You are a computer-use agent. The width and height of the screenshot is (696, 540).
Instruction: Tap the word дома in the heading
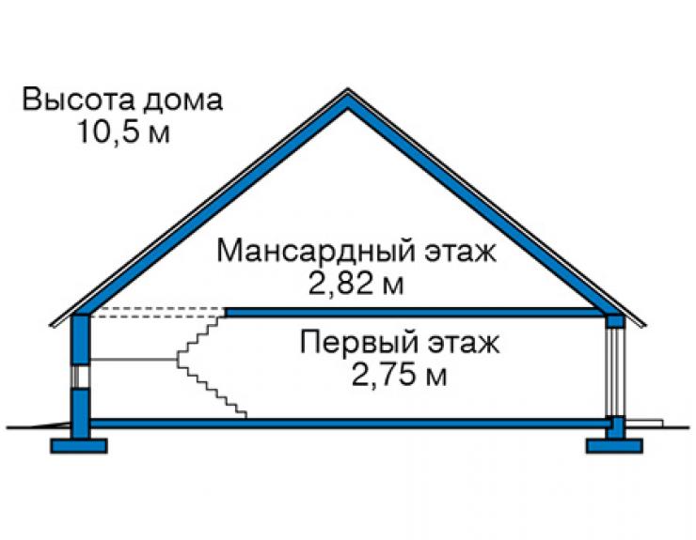click(182, 100)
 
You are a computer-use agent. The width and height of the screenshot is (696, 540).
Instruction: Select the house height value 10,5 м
click(124, 131)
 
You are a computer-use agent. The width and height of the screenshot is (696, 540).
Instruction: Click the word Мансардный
click(316, 252)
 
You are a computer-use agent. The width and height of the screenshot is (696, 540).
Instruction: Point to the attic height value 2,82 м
click(356, 284)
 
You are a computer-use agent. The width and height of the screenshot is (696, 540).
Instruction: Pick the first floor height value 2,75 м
click(399, 375)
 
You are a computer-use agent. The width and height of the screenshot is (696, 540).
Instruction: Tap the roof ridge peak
click(348, 89)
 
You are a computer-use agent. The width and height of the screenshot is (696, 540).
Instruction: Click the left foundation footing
click(79, 446)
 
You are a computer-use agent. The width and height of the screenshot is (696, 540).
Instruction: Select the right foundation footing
click(615, 446)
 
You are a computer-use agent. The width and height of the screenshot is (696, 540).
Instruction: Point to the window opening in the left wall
click(81, 377)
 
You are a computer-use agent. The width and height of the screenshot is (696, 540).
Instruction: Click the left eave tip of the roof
click(51, 326)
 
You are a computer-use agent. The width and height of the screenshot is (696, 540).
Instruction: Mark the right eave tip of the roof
click(644, 326)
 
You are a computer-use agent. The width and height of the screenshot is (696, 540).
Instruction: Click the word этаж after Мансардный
click(460, 252)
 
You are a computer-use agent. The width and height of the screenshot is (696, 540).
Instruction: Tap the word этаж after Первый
click(464, 343)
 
